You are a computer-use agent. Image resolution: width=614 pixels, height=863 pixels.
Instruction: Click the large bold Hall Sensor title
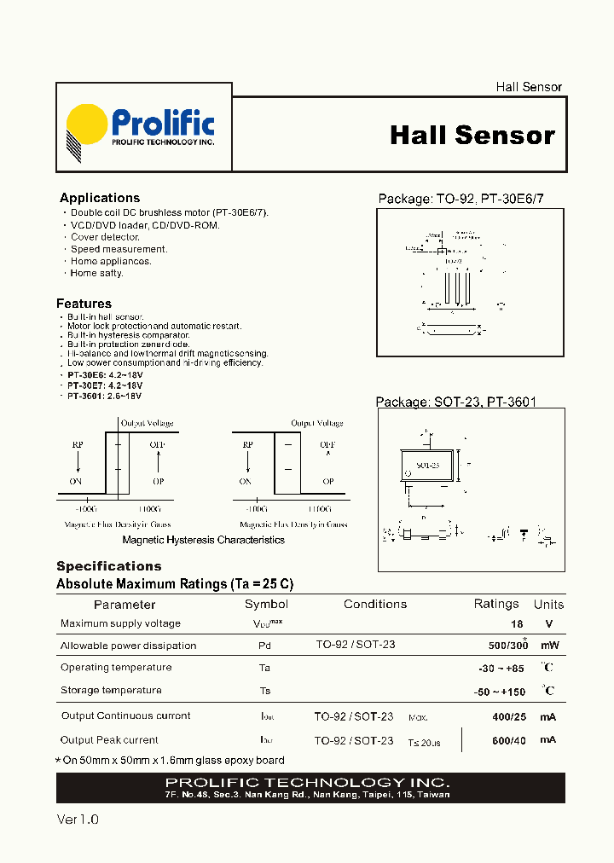[472, 136]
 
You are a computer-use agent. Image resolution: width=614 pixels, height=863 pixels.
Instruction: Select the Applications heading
[100, 198]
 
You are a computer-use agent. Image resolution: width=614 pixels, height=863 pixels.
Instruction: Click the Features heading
[84, 304]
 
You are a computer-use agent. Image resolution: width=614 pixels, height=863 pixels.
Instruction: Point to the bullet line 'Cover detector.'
[105, 237]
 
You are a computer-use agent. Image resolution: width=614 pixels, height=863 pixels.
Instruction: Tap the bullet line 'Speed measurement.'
[119, 249]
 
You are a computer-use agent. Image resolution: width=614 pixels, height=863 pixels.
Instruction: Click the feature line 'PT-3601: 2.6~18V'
[105, 396]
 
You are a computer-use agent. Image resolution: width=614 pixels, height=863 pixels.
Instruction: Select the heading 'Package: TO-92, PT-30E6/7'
[460, 199]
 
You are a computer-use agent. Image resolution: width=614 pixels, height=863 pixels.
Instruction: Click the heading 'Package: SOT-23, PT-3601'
[456, 403]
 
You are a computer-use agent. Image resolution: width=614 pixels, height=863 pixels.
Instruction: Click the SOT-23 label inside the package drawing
[427, 466]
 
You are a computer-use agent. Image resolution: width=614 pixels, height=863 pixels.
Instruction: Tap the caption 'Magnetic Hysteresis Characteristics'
[203, 540]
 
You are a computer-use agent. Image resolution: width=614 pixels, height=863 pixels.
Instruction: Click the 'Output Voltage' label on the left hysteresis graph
[147, 423]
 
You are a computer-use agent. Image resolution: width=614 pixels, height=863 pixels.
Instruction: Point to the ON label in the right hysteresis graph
[246, 481]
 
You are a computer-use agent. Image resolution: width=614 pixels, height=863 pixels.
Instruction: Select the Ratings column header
[495, 604]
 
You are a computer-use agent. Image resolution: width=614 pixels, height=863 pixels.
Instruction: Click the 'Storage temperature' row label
[111, 690]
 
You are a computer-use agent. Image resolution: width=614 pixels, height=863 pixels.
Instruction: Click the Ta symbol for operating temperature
[264, 668]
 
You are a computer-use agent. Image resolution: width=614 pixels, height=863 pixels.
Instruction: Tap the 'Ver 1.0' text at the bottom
[78, 819]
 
